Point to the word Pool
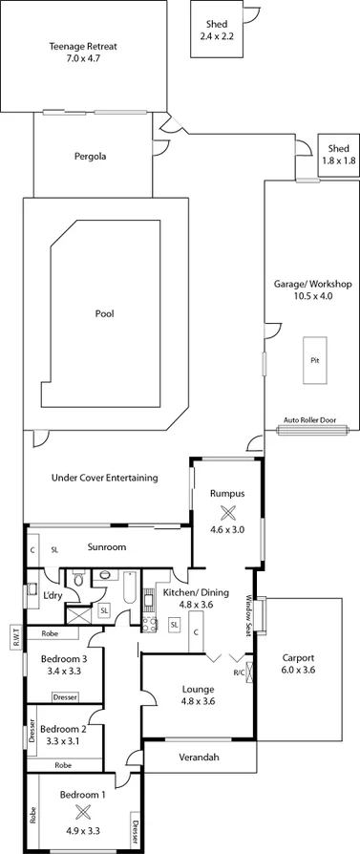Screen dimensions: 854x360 pos(104,312)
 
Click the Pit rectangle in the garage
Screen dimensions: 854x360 pos(314,360)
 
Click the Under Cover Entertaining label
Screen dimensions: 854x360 pos(104,478)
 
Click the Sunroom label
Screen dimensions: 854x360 pos(106,549)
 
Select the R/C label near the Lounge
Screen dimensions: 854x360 pos(239,672)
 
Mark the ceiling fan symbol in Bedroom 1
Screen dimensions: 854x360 pos(82,811)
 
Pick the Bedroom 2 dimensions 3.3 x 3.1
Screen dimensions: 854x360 pos(65,740)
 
